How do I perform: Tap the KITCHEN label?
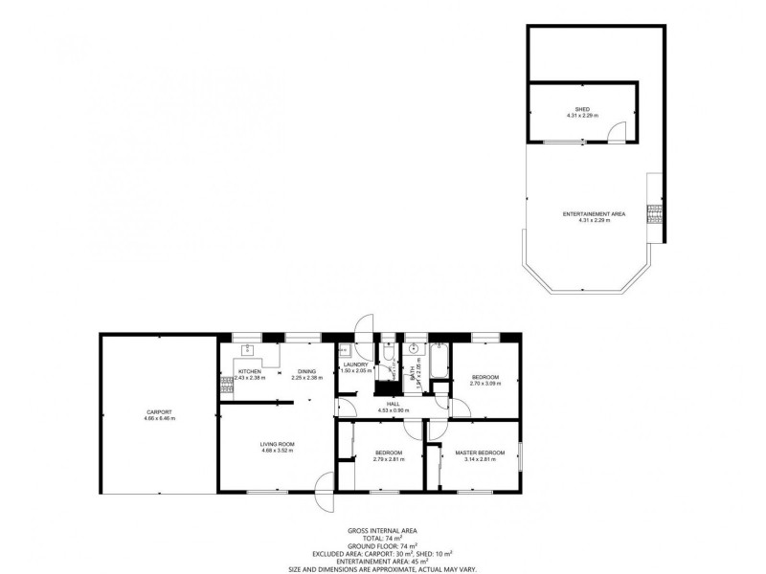[250, 371]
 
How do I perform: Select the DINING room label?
[306, 371]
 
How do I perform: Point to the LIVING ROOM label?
[277, 443]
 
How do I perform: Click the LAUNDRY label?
[355, 364]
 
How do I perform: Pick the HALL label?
[393, 404]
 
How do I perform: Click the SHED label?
[581, 109]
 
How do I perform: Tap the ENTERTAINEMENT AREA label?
[594, 214]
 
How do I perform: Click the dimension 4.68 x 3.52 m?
[277, 451]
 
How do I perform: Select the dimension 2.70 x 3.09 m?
[485, 385]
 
